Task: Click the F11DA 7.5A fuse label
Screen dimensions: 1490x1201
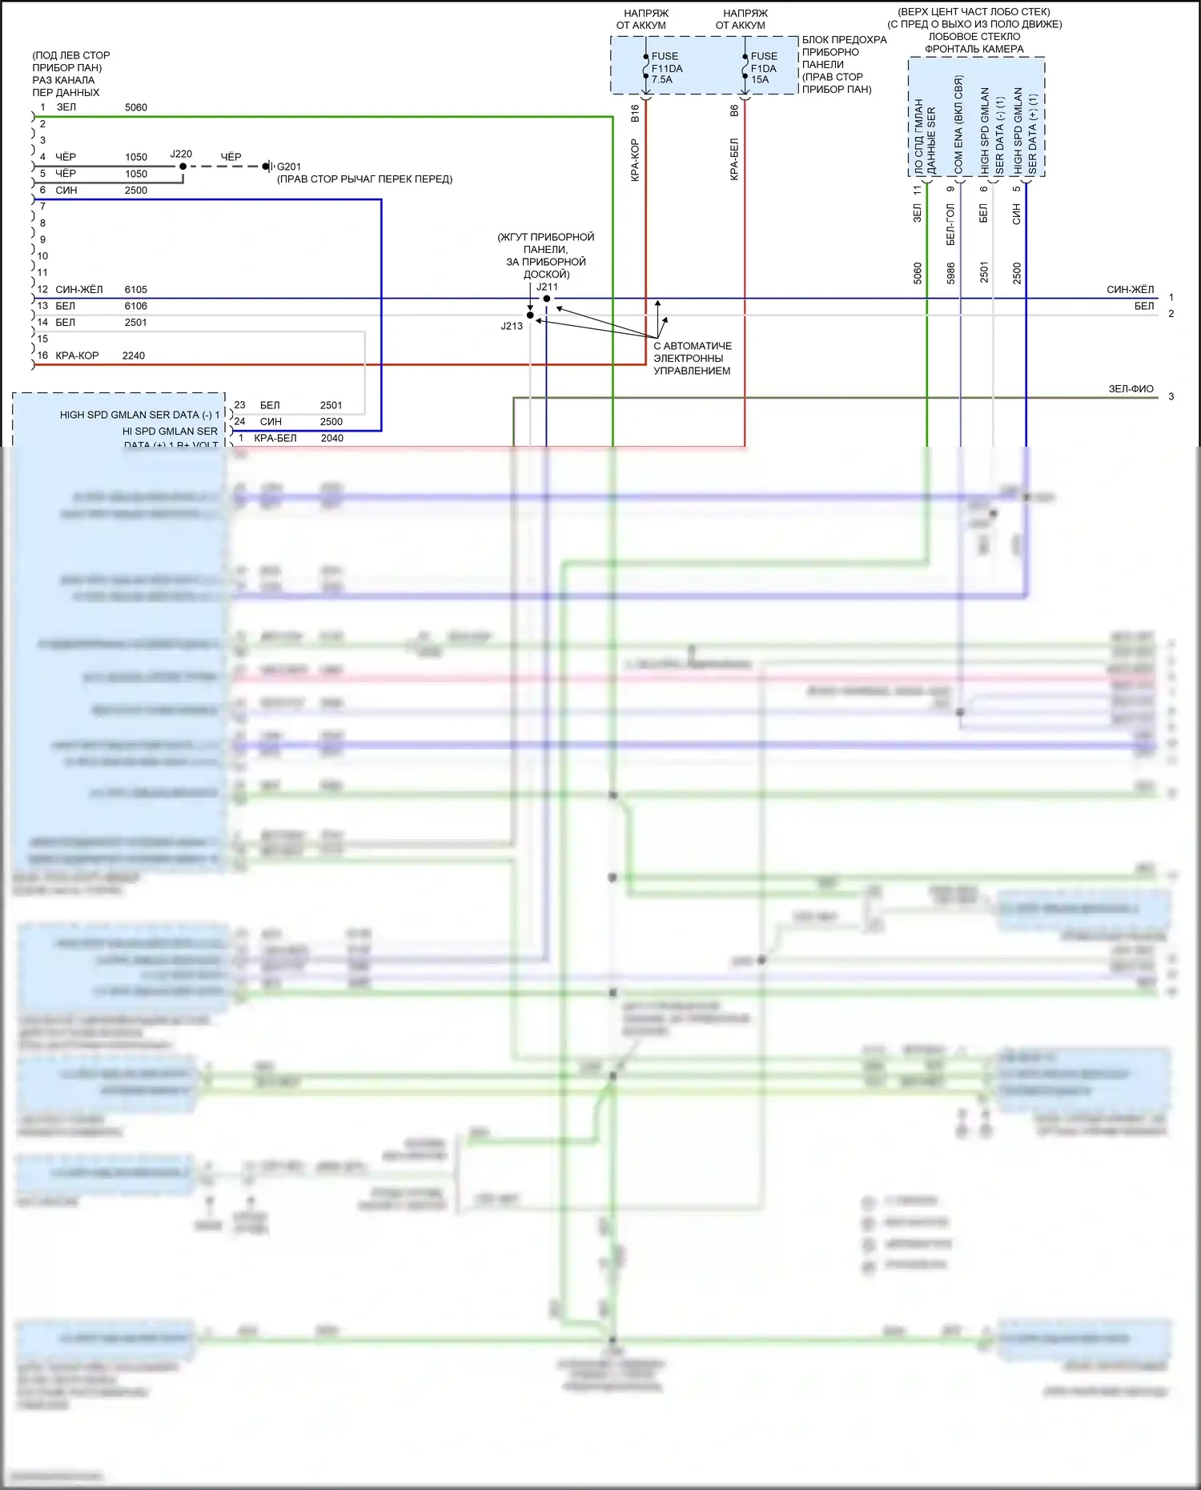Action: point(666,68)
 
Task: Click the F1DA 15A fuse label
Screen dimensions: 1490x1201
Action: point(764,68)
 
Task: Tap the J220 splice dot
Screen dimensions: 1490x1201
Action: point(183,167)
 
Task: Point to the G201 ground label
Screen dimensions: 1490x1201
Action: point(288,167)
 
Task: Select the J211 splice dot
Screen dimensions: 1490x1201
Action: point(547,299)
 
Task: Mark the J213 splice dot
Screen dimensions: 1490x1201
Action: point(530,315)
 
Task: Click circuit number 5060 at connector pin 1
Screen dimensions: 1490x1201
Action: point(136,107)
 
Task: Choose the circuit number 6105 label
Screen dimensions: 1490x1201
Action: point(136,290)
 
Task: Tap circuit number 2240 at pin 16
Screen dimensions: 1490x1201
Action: point(134,355)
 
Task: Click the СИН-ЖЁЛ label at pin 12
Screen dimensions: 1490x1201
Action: point(79,290)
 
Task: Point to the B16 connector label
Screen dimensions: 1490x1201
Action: point(635,113)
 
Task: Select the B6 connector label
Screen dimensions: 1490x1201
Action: point(734,111)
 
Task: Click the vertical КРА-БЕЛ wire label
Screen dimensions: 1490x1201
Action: point(734,159)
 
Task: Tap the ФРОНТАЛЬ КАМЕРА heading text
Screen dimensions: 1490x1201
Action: point(974,49)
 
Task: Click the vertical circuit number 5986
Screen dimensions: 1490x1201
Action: point(951,273)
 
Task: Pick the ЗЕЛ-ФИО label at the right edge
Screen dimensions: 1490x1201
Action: point(1131,389)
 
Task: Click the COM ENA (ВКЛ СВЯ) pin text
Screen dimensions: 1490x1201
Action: point(958,125)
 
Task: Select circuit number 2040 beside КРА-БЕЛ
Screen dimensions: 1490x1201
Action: point(332,438)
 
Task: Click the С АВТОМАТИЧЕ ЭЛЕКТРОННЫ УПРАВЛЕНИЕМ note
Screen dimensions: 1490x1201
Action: point(692,359)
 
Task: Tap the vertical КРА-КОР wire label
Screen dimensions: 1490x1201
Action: point(635,160)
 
